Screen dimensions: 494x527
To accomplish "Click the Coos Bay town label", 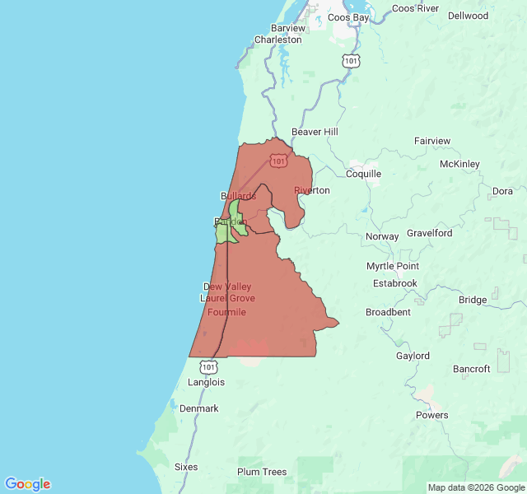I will point(351,16).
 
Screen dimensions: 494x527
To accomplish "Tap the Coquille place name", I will point(363,174).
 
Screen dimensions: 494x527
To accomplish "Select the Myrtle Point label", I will point(393,266).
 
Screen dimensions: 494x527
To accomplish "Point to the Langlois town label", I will point(206,382).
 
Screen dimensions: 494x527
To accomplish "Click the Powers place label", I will point(431,415).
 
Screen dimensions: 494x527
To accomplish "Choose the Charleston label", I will point(277,40).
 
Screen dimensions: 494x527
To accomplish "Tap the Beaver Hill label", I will point(315,132).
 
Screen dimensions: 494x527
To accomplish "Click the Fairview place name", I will point(432,141).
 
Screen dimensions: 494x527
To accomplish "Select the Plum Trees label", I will point(262,472).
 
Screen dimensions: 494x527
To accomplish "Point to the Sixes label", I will point(186,467).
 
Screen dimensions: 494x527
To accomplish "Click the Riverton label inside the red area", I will point(312,190).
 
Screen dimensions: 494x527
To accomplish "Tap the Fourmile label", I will point(226,312).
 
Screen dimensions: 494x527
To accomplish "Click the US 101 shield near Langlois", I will point(209,366).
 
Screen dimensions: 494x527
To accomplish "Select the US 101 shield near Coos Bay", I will point(351,61).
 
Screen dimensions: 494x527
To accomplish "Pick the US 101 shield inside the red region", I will point(279,161).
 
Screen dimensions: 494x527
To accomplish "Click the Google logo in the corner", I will point(27,484).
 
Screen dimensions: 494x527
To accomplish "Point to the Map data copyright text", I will point(476,487).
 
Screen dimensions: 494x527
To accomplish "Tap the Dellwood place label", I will point(468,16).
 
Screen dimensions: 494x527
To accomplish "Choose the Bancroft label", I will point(472,369).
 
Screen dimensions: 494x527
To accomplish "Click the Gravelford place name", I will point(430,233).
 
